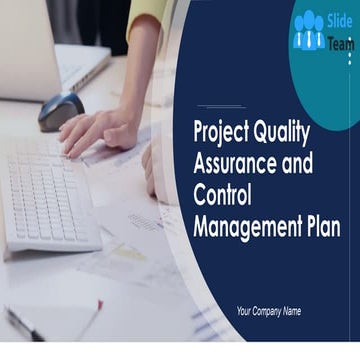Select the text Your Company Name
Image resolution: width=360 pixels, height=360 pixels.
268,311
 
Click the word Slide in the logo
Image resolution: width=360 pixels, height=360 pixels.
339,22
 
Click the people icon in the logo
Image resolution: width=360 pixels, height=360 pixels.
308,33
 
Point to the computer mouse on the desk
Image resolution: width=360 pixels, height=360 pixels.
61,112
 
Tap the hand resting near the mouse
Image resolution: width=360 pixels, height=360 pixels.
100,130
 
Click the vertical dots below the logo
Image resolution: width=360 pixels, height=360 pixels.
349,57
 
